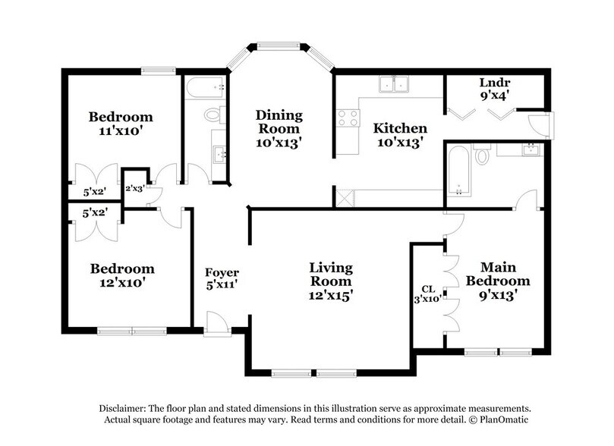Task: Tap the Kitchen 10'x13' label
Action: click(x=400, y=134)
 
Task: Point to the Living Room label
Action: click(x=330, y=280)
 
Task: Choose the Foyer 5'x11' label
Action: click(x=222, y=278)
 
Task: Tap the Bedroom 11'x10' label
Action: click(x=121, y=124)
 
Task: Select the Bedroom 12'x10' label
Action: click(x=122, y=275)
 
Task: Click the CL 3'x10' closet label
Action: click(x=427, y=294)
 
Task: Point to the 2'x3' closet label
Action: click(x=135, y=187)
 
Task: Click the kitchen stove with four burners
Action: click(x=348, y=118)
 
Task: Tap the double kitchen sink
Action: click(x=395, y=84)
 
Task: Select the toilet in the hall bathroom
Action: click(x=213, y=115)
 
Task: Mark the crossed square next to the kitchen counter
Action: click(x=345, y=196)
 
